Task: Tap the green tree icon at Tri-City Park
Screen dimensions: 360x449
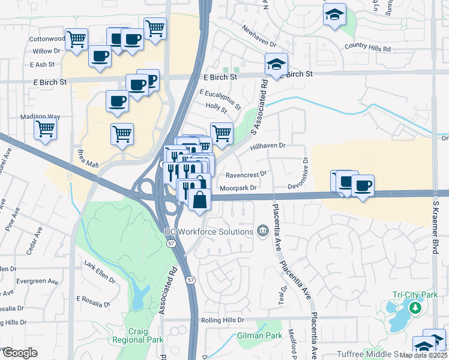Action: pos(414,308)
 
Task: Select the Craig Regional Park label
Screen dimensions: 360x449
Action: pos(137,335)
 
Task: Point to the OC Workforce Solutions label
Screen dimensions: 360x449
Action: pos(209,232)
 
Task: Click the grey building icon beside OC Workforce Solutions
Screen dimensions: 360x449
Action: pos(262,231)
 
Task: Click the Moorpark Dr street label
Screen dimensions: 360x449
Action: pos(238,188)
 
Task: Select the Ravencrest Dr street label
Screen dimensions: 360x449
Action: pos(246,175)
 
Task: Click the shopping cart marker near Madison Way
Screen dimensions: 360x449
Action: pos(46,129)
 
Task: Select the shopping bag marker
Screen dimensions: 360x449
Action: pos(199,200)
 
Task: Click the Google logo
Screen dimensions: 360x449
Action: pos(19,353)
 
